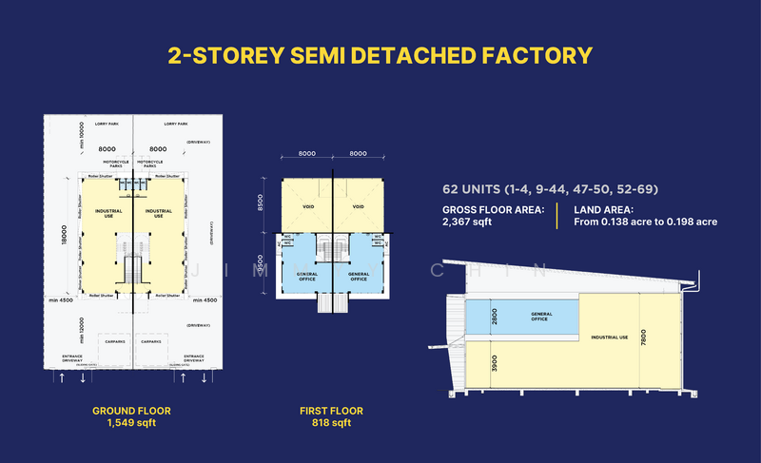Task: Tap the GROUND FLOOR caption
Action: (x=131, y=411)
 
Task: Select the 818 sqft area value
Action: (x=331, y=423)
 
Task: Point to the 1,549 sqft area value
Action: (x=131, y=423)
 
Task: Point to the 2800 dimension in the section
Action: (x=494, y=317)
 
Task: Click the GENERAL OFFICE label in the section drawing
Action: (x=541, y=317)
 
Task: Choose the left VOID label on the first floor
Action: (x=308, y=206)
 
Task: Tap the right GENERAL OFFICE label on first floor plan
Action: (x=359, y=277)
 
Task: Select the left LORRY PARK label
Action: (x=106, y=124)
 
